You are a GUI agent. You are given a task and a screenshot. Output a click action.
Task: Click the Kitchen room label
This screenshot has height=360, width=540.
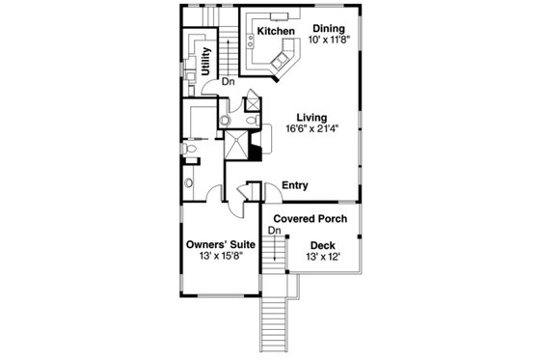click(276, 32)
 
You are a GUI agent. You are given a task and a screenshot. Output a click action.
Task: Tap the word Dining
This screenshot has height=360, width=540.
click(329, 30)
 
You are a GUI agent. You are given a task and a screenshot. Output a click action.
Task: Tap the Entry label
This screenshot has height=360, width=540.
click(294, 185)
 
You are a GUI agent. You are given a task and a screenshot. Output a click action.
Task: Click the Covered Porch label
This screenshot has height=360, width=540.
click(311, 219)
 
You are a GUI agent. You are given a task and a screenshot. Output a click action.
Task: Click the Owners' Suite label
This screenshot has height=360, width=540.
click(220, 245)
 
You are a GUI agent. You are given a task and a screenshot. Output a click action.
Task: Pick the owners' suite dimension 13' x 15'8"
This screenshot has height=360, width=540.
click(220, 258)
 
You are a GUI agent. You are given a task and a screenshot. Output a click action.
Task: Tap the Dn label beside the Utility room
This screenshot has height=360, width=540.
click(228, 82)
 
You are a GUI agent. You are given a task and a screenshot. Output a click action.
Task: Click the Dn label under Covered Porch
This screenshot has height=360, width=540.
click(274, 231)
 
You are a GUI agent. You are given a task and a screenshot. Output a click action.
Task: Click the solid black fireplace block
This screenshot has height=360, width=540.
click(256, 148)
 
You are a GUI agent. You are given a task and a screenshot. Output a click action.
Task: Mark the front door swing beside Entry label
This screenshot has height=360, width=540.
click(254, 190)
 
